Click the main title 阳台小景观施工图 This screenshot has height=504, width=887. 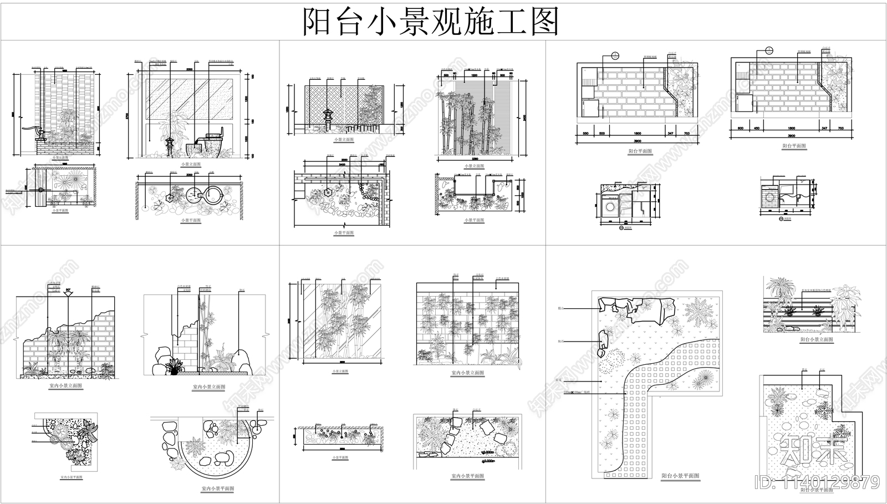(430, 22)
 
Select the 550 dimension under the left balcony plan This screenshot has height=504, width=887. (585, 134)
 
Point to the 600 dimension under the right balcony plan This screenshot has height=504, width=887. (739, 129)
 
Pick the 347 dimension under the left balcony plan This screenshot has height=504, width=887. (671, 134)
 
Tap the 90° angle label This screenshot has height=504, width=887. (69, 290)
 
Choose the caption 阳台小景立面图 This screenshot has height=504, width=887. (816, 339)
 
